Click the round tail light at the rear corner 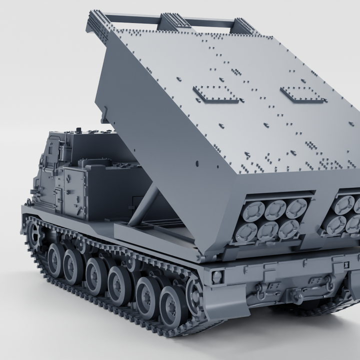tap(216, 276)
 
